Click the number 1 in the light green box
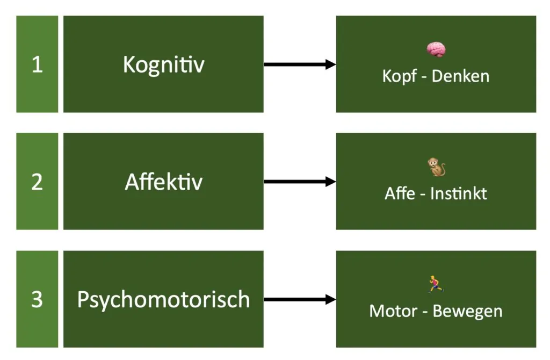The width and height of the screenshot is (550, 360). pyautogui.click(x=37, y=64)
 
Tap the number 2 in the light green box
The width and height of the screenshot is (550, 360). pyautogui.click(x=37, y=182)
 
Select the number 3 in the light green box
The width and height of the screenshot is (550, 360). pyautogui.click(x=37, y=299)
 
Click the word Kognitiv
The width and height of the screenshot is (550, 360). pyautogui.click(x=163, y=65)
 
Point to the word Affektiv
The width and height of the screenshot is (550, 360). pyautogui.click(x=163, y=182)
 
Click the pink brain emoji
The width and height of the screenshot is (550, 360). pyautogui.click(x=436, y=50)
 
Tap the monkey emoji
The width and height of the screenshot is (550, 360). pyautogui.click(x=436, y=167)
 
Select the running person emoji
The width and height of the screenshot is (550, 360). pyautogui.click(x=436, y=284)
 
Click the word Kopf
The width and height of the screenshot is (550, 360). pyautogui.click(x=399, y=76)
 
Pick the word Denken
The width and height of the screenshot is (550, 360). pyautogui.click(x=460, y=76)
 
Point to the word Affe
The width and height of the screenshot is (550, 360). pyautogui.click(x=400, y=193)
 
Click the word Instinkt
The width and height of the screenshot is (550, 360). pyautogui.click(x=459, y=193)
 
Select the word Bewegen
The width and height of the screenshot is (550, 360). pyautogui.click(x=468, y=311)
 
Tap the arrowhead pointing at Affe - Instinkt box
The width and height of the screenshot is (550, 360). pyautogui.click(x=330, y=182)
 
